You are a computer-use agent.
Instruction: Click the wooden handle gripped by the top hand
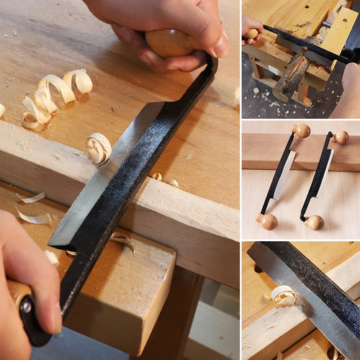pyautogui.click(x=168, y=43)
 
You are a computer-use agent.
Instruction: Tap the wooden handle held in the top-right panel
pyautogui.click(x=251, y=34)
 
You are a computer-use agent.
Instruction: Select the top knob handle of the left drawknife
pyautogui.click(x=302, y=131)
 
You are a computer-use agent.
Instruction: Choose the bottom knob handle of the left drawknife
pyautogui.click(x=269, y=221)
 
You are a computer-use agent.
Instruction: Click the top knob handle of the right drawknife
pyautogui.click(x=341, y=137)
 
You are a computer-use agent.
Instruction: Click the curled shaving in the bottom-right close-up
pyautogui.click(x=282, y=295)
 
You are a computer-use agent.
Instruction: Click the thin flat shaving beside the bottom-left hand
pyautogui.click(x=32, y=216)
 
